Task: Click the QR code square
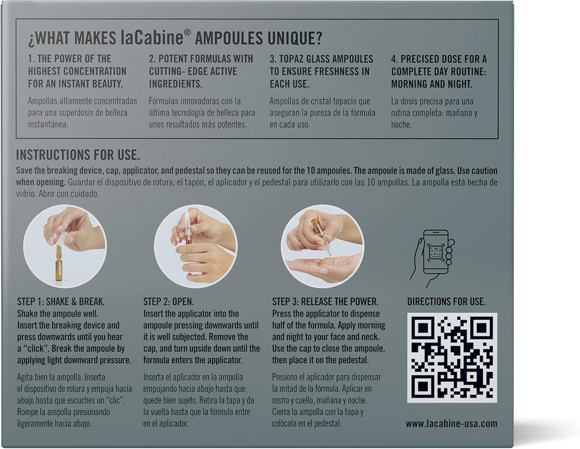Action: [452, 357]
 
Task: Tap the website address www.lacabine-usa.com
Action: [451, 423]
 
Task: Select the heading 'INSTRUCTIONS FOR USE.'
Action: [78, 155]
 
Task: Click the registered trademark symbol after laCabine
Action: [188, 32]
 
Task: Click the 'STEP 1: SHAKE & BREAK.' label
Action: [61, 301]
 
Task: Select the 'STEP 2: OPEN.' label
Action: [169, 301]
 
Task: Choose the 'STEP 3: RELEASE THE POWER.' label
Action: [325, 301]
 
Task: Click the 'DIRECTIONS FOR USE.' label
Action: [446, 301]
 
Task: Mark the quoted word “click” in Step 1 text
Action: [35, 349]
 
